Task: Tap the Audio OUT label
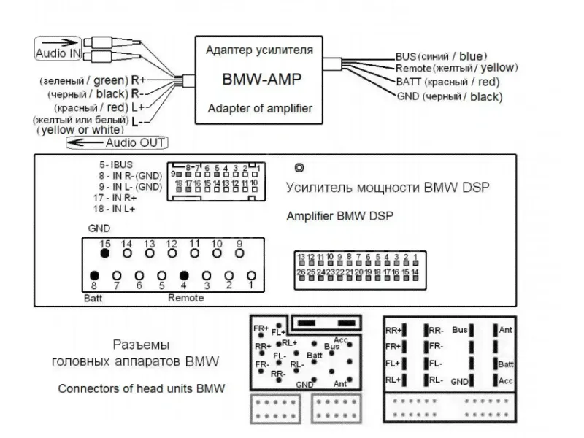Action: (x=135, y=142)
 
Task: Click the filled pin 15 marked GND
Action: (x=104, y=253)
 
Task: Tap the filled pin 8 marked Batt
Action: (x=94, y=275)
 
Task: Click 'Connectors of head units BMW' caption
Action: (x=142, y=388)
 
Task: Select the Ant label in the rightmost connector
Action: (x=505, y=330)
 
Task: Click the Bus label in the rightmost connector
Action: (x=461, y=330)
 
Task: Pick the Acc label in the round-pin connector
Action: (x=340, y=339)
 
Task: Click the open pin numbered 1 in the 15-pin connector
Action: (x=251, y=275)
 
